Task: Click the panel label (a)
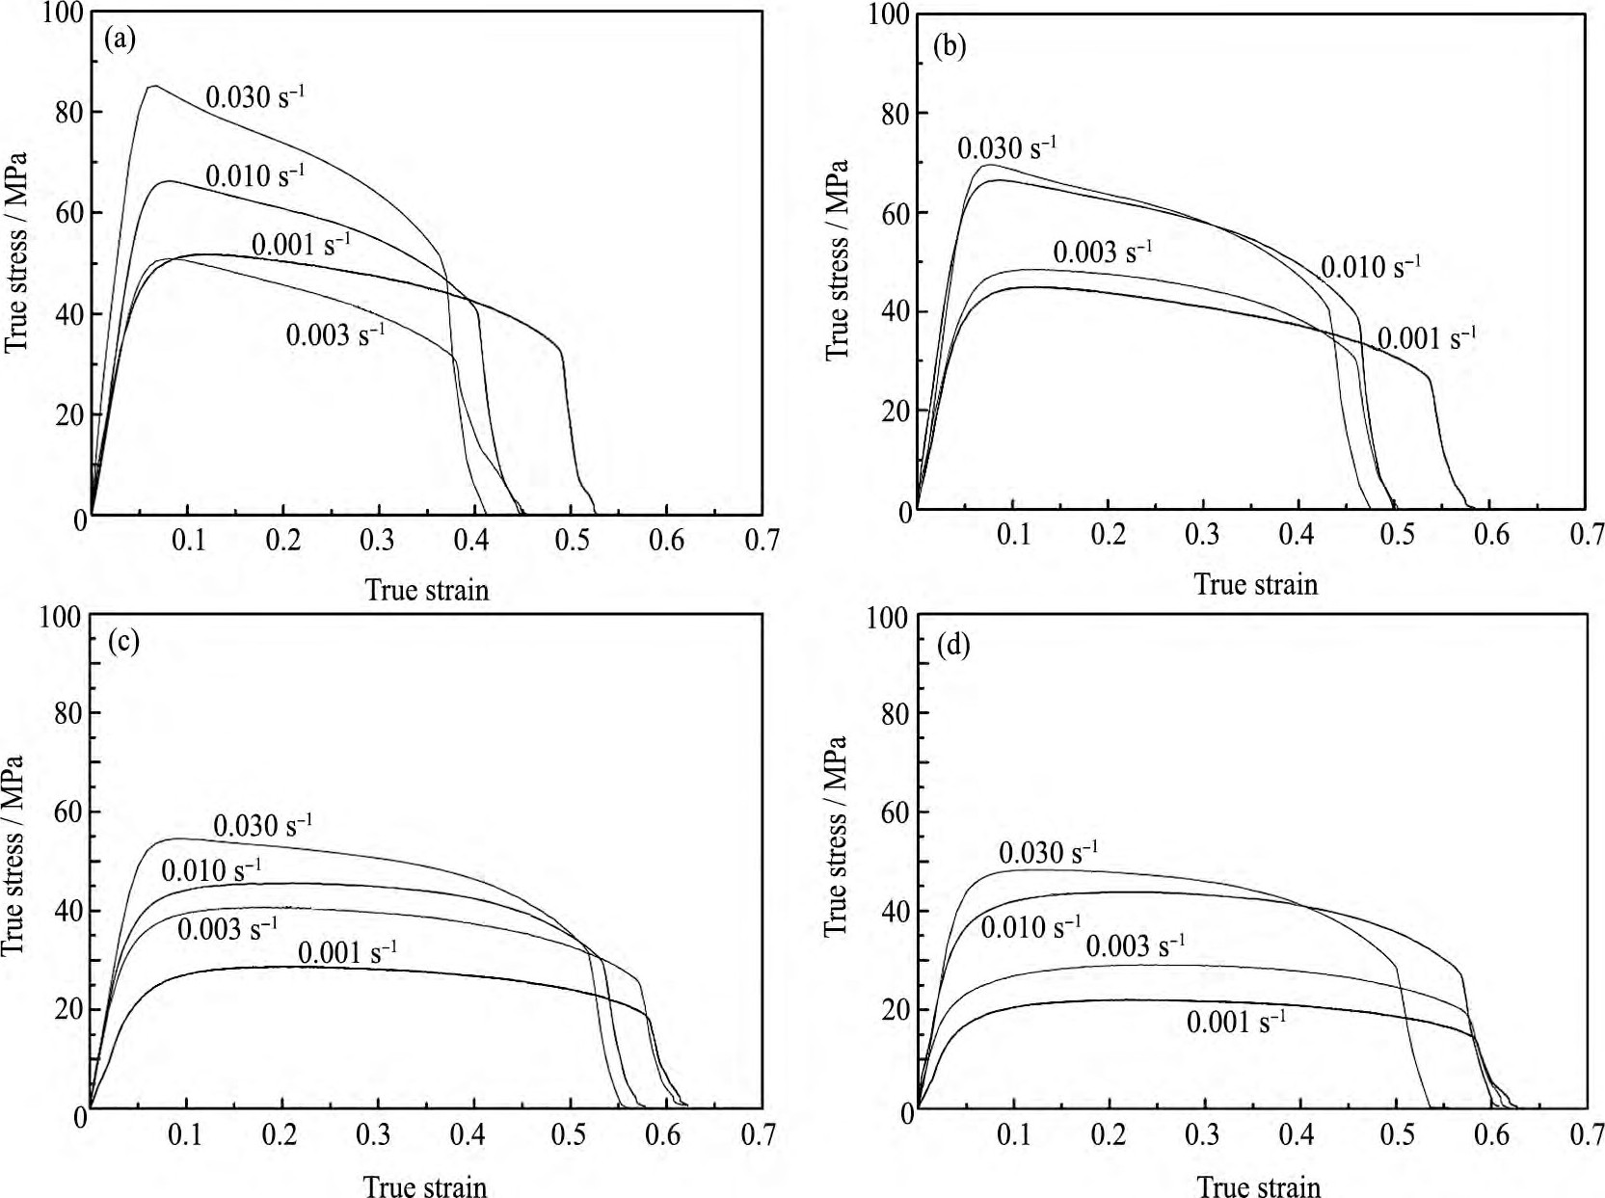120,39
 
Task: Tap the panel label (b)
950,45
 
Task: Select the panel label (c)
123,641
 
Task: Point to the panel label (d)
953,645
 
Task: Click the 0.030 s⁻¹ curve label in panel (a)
255,96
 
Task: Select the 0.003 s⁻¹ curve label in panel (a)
334,334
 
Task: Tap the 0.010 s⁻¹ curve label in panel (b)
1370,266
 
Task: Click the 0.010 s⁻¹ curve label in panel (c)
210,870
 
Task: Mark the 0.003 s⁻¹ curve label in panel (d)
1136,945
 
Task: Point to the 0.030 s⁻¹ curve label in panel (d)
1048,852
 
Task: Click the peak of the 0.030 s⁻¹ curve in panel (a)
154,86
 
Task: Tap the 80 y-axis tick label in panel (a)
70,112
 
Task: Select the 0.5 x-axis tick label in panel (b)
1397,534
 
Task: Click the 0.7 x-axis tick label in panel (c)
759,1134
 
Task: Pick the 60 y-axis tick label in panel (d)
896,812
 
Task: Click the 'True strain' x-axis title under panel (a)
427,590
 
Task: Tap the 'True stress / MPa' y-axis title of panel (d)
835,837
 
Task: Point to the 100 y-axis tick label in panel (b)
888,13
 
